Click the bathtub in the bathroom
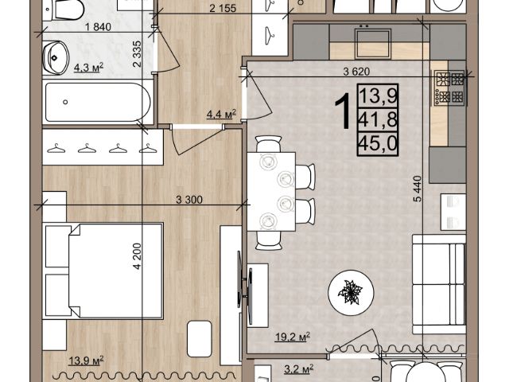point(98,102)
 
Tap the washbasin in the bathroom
point(55,58)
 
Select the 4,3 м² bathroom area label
point(88,68)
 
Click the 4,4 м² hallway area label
point(221,114)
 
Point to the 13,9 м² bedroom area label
point(87,361)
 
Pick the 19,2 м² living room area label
point(293,337)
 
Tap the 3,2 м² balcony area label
point(299,369)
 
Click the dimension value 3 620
point(356,72)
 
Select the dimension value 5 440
point(418,189)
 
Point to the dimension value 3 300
point(189,200)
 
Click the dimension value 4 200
point(138,256)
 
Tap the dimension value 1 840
point(98,26)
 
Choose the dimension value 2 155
point(223,8)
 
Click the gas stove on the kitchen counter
point(450,88)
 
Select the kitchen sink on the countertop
point(373,44)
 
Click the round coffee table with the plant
point(351,292)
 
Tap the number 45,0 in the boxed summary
point(378,144)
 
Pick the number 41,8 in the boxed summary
point(378,120)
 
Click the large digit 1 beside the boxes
point(343,110)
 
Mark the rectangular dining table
point(271,192)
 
